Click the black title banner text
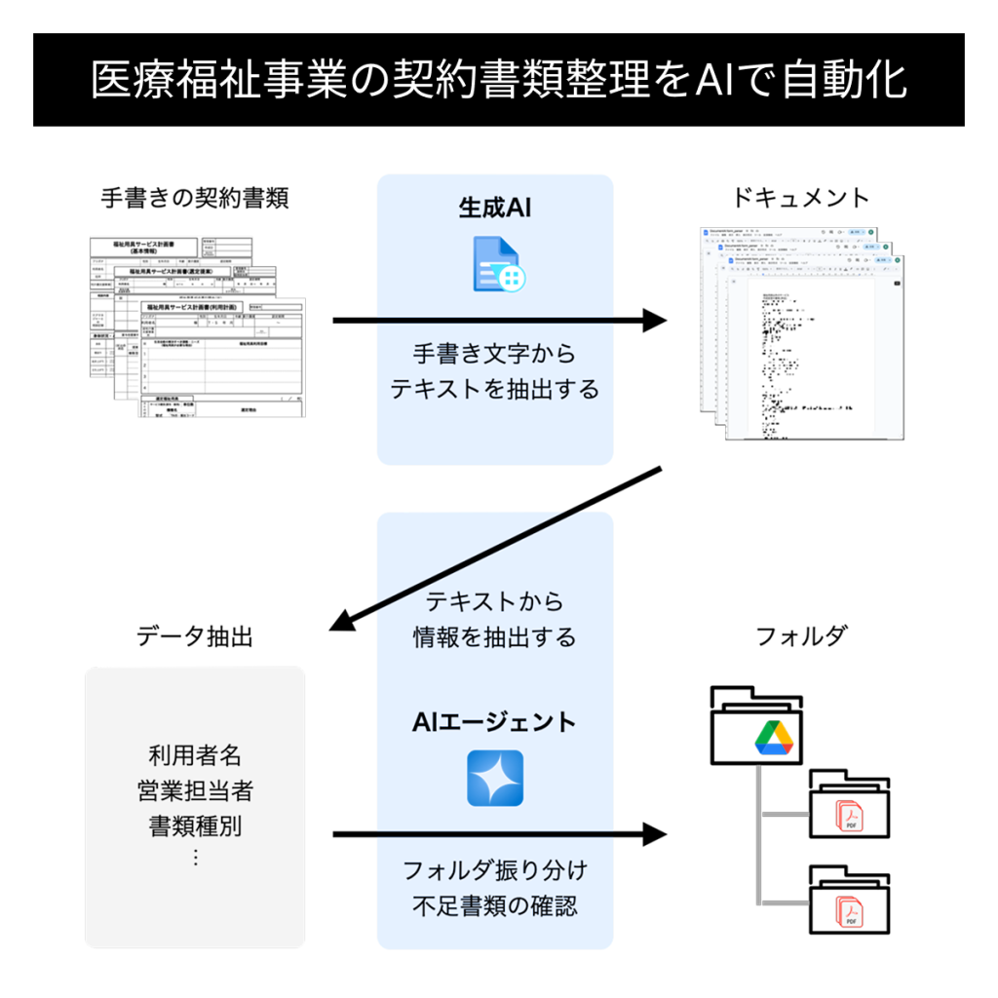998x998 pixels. tap(498, 80)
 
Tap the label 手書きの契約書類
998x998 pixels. tap(195, 198)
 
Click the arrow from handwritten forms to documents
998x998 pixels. tap(497, 320)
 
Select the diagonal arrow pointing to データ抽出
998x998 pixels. tap(497, 548)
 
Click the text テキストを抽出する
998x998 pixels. tap(494, 389)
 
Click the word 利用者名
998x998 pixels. tap(195, 754)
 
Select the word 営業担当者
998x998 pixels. tap(195, 790)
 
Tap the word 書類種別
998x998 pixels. tap(195, 826)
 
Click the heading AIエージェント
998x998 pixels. tap(494, 722)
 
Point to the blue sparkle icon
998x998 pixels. tap(495, 778)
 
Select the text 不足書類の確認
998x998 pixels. tap(494, 905)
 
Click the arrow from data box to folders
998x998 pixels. tap(497, 834)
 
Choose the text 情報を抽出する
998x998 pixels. tap(494, 637)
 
